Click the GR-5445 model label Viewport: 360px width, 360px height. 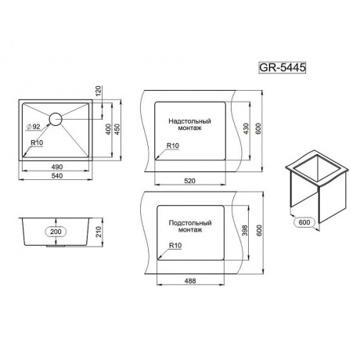click(x=282, y=67)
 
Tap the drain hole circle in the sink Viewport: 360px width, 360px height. click(x=56, y=119)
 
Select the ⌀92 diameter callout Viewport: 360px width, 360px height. click(x=34, y=127)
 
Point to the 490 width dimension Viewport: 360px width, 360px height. click(x=57, y=167)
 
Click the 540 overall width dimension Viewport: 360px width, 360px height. click(x=57, y=176)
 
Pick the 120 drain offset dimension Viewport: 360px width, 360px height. click(x=99, y=91)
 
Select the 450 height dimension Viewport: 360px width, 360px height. click(x=117, y=129)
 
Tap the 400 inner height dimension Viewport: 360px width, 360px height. click(x=109, y=129)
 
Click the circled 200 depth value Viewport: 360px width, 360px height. click(x=56, y=232)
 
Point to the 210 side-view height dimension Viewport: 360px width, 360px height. click(x=99, y=232)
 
